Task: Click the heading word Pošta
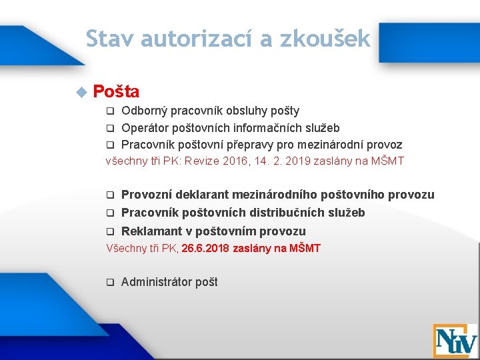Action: pyautogui.click(x=116, y=92)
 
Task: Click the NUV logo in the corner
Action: pyautogui.click(x=455, y=341)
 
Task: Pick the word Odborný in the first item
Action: pyautogui.click(x=144, y=111)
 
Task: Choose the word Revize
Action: pyautogui.click(x=203, y=161)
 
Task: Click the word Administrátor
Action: pyautogui.click(x=157, y=282)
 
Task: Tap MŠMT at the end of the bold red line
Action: pyautogui.click(x=304, y=249)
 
